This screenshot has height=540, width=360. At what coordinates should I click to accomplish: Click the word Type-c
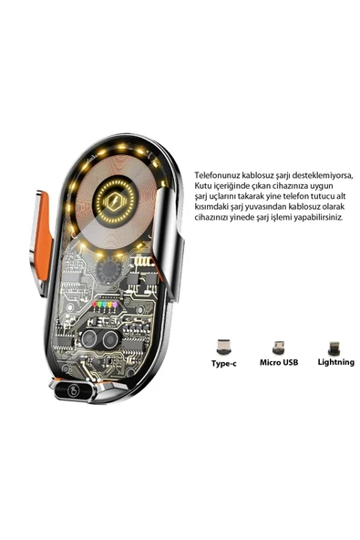tap(222, 362)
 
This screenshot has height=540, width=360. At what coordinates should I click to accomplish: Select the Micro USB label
tap(277, 362)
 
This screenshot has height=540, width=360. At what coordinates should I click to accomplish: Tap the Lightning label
tap(334, 362)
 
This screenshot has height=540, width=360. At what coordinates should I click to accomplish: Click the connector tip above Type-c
tap(222, 347)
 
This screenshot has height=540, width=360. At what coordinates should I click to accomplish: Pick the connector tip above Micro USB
tap(277, 347)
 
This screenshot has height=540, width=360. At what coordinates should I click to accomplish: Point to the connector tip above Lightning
tap(334, 347)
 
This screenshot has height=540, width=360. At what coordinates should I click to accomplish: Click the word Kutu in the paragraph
tap(204, 187)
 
